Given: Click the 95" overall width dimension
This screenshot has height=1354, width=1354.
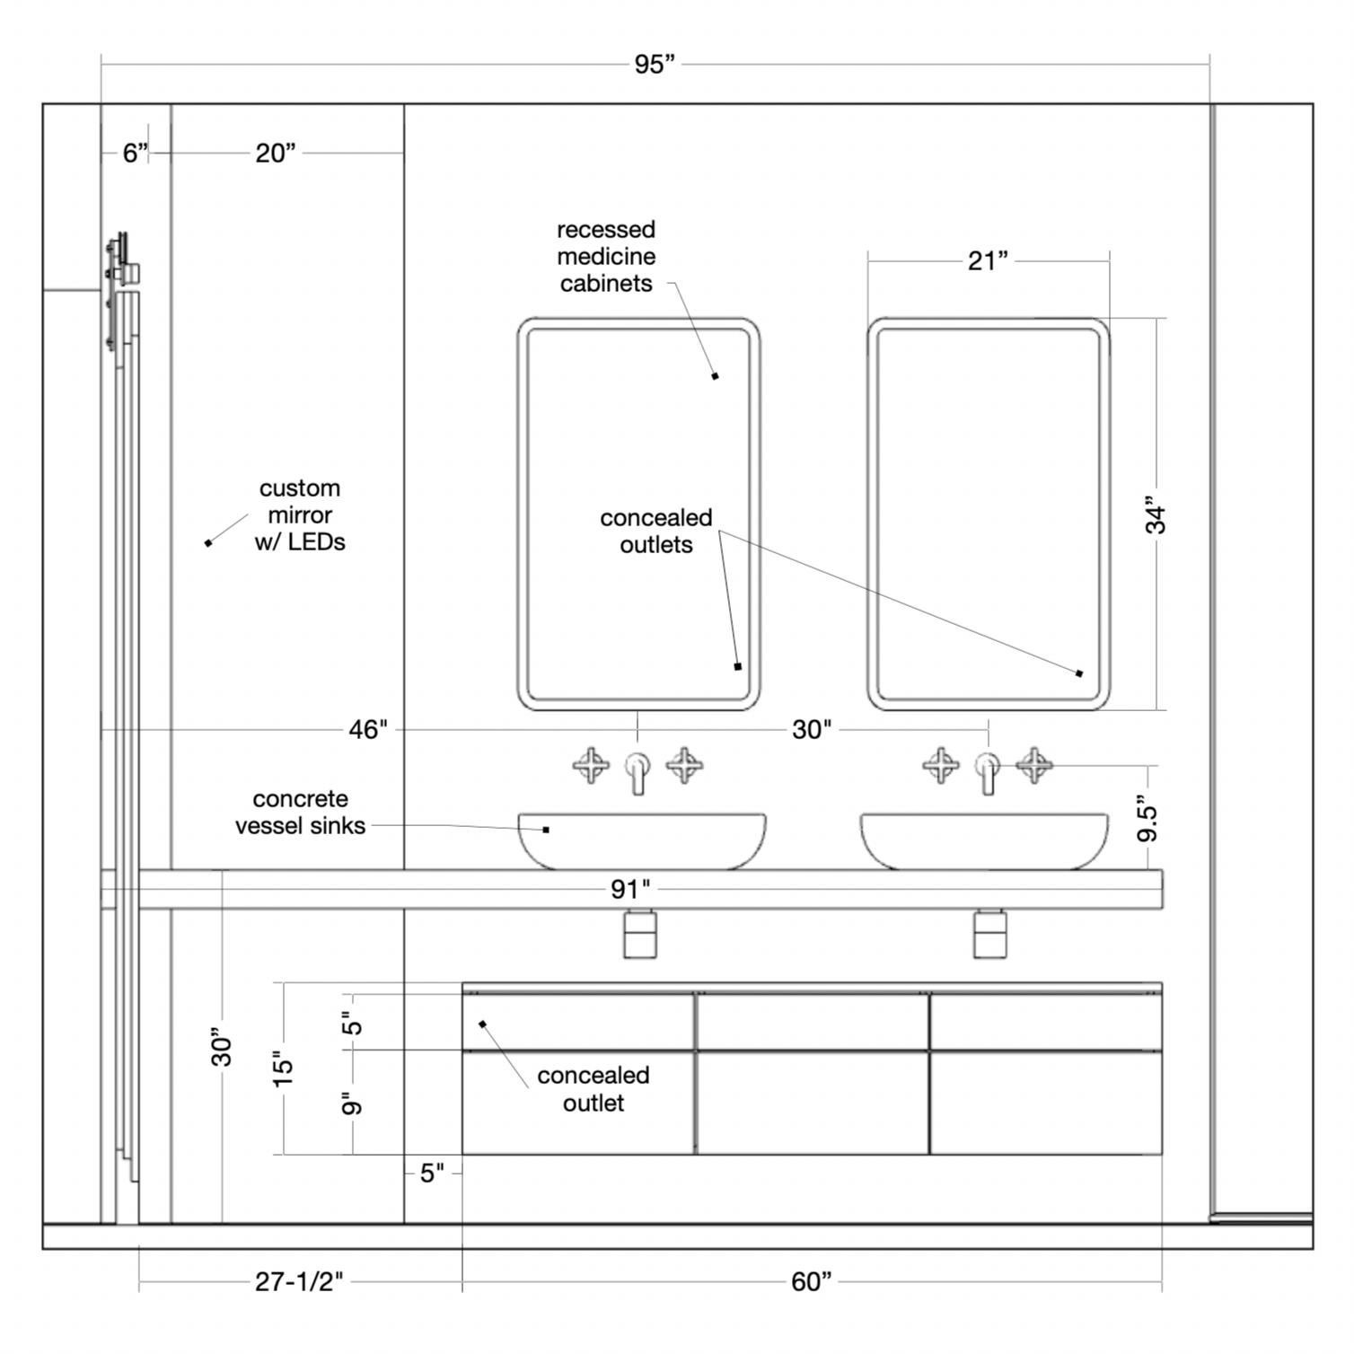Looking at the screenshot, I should [x=655, y=65].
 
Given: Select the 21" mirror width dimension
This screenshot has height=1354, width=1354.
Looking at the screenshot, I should [x=988, y=260].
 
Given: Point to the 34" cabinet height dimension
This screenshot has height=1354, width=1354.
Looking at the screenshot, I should [x=1156, y=514].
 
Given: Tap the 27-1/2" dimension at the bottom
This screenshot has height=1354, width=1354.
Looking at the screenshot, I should [x=299, y=1281].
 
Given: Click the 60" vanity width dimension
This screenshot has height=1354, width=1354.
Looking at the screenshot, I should [x=811, y=1281].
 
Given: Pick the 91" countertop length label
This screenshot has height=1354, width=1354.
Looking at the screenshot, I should [x=630, y=889].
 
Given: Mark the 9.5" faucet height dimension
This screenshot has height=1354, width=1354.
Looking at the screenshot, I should [x=1147, y=817].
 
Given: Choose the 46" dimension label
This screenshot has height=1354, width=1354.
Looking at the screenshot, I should [x=368, y=729].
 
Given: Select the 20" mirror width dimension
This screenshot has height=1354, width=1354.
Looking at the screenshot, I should [x=276, y=154].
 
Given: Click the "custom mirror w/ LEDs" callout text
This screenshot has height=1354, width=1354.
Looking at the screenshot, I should [x=300, y=515].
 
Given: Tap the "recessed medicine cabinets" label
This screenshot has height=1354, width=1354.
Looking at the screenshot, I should [x=606, y=257].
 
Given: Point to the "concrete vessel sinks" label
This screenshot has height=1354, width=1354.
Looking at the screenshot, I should [x=301, y=813].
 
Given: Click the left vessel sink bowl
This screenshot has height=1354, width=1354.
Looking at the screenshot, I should [x=642, y=840].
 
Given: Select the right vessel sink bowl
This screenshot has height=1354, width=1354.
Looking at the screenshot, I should [x=984, y=840].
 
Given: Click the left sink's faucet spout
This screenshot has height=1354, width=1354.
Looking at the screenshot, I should [x=637, y=772].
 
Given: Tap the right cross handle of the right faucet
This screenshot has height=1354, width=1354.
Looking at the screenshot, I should [x=1033, y=765].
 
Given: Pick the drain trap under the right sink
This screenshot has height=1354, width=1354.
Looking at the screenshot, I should [x=989, y=934].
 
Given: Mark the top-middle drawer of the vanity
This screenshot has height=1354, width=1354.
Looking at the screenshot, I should [x=812, y=1021].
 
